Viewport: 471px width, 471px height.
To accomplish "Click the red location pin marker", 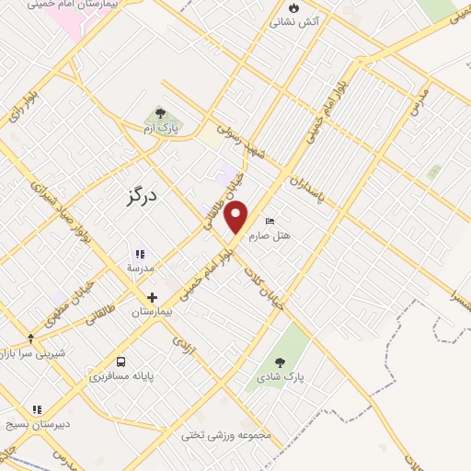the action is (237, 217).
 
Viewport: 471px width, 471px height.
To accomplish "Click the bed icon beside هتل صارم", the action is (270, 222).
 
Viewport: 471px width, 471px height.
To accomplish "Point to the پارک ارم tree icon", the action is (161, 114).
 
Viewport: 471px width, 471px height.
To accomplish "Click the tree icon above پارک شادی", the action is (281, 362).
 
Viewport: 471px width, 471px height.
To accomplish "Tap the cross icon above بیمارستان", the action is (152, 297).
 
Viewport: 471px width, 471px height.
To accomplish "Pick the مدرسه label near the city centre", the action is (141, 268).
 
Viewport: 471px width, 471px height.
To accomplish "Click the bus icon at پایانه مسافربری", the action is (121, 362).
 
